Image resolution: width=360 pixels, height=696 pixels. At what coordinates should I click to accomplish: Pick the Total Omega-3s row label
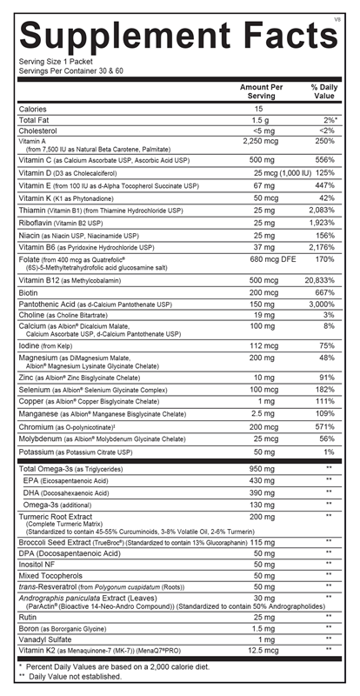[x=54, y=470]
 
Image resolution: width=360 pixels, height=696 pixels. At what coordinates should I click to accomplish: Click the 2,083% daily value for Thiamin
[x=319, y=210]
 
